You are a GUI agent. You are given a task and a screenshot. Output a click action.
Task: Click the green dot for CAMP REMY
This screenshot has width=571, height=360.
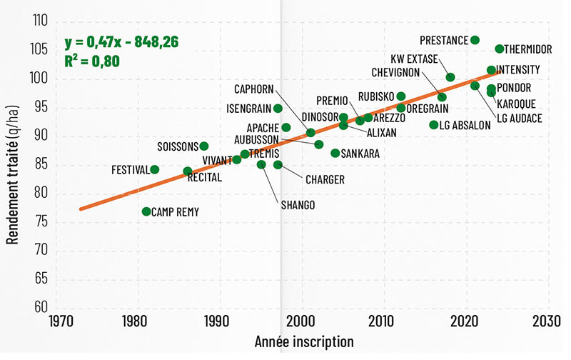pos(146,211)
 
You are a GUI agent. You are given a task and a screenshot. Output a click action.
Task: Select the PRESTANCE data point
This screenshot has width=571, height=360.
pos(475,40)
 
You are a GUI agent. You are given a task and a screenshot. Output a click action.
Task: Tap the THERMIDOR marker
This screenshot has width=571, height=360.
pos(500,49)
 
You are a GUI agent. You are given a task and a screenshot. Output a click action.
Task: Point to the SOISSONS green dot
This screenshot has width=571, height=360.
pos(204,146)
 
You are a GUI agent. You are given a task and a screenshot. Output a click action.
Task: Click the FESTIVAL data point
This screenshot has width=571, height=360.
pos(154,170)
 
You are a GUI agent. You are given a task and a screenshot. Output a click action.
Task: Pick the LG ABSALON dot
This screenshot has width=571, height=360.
pos(434,125)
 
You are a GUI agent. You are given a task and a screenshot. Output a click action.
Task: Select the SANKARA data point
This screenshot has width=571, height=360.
pos(335,153)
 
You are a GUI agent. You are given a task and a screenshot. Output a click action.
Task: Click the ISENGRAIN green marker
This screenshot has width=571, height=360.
pos(278,109)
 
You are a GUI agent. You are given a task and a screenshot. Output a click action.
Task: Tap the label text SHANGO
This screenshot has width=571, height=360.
pos(298,205)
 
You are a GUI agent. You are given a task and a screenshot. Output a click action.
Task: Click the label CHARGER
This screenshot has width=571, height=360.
pos(325,179)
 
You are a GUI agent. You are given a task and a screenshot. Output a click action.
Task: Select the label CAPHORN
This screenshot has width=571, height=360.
pos(253,89)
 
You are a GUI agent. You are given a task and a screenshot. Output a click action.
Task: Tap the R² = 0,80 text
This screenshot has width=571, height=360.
pos(91,60)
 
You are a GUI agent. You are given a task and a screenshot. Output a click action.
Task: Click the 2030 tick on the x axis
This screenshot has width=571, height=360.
pos(548,321)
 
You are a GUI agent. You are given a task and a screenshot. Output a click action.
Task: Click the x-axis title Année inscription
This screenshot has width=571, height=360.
pos(304,342)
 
